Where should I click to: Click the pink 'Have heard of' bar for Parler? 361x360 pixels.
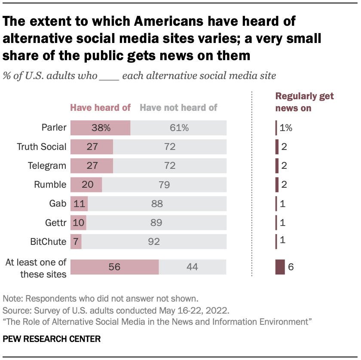click(100, 128)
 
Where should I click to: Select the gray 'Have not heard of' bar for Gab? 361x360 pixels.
click(157, 204)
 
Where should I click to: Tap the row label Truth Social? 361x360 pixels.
click(42, 147)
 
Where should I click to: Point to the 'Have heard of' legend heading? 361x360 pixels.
click(100, 108)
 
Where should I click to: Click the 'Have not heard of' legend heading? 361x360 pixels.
click(179, 108)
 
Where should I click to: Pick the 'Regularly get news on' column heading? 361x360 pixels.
click(304, 102)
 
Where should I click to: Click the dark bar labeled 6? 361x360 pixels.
click(280, 267)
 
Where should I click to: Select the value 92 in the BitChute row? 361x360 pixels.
click(153, 241)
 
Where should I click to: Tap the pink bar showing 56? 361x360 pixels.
click(114, 267)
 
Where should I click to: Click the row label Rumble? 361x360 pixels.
click(50, 185)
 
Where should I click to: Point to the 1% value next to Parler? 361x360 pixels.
click(286, 128)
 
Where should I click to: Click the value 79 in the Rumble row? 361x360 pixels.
click(164, 185)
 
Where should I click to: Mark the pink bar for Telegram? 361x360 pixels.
click(92, 166)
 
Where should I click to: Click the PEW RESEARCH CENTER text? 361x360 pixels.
click(52, 339)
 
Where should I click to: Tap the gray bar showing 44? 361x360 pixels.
click(192, 267)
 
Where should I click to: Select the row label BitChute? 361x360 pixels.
click(48, 241)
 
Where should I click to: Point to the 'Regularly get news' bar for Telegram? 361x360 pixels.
click(277, 166)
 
